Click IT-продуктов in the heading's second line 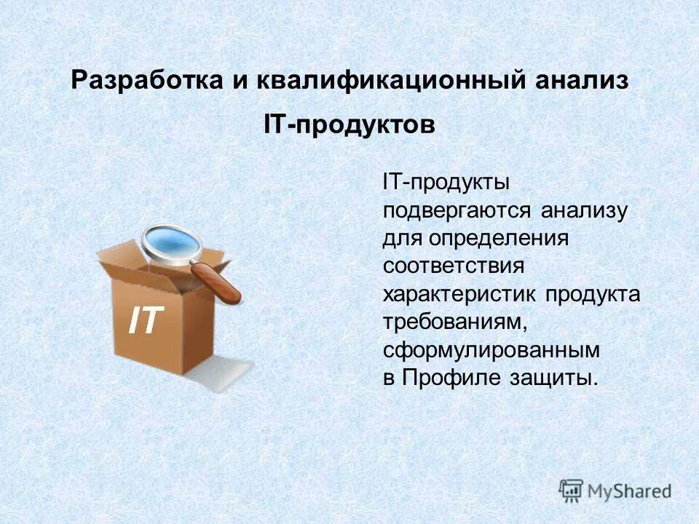(349, 125)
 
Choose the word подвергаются (459, 212)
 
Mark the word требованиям (455, 322)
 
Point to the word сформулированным (492, 349)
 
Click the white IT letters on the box (146, 320)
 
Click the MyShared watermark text (630, 491)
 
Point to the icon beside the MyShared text (572, 490)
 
